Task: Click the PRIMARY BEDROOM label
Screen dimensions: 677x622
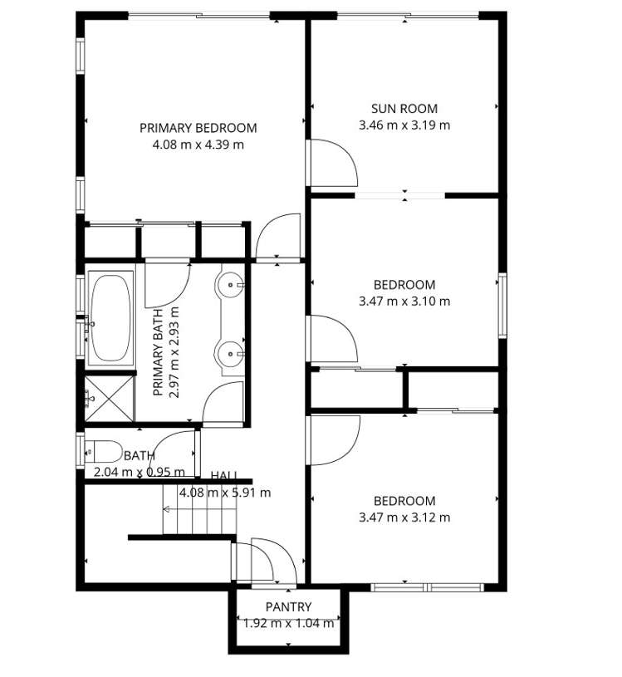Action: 198,128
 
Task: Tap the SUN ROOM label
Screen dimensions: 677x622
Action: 404,108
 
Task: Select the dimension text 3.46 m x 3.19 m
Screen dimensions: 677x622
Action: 404,125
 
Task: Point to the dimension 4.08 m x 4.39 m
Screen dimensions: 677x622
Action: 198,145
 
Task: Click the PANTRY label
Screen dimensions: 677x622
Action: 288,607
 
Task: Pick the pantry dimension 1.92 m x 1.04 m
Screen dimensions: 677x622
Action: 288,623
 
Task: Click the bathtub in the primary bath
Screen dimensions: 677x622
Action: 110,316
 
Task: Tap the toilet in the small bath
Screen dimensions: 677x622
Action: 103,452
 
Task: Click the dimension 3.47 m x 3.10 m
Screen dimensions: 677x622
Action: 404,302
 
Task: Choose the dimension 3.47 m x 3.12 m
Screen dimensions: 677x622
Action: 404,518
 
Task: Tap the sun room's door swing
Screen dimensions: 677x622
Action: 332,164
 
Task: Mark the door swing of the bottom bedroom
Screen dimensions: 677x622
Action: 332,438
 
